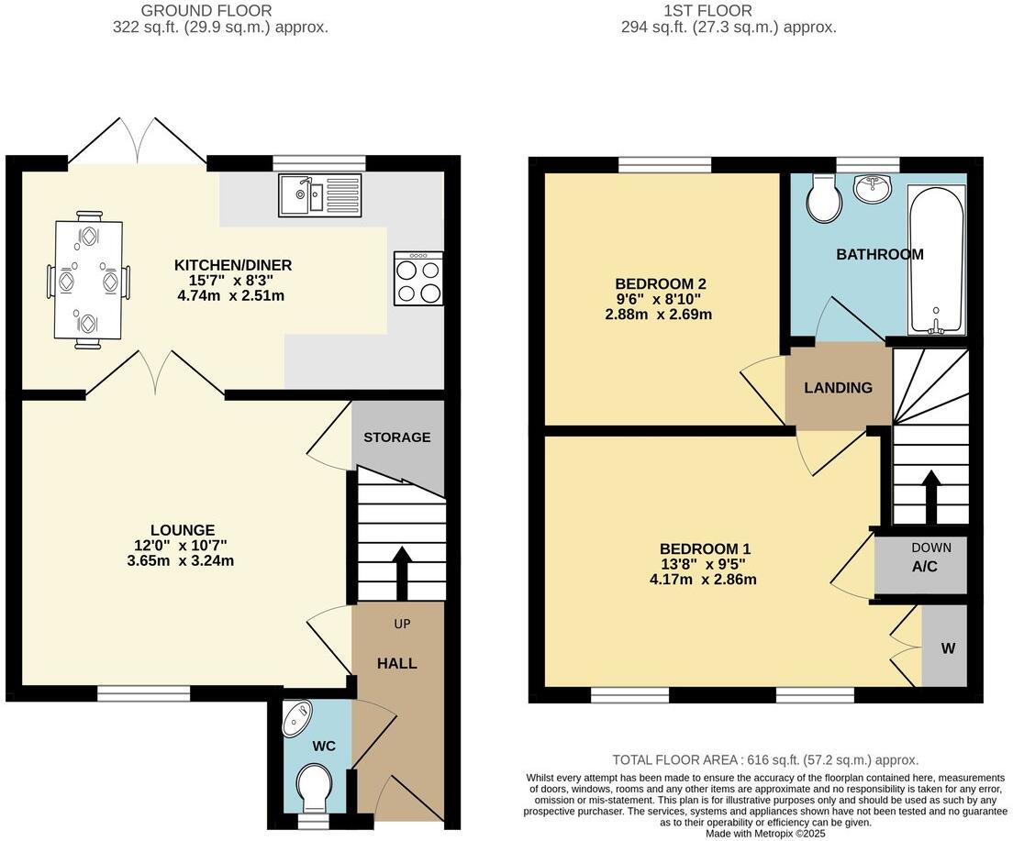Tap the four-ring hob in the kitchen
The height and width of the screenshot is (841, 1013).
[x=417, y=278]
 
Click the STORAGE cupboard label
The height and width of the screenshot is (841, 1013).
[x=396, y=437]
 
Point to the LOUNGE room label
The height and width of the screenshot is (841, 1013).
[x=183, y=530]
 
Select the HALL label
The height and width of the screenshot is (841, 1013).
[x=397, y=663]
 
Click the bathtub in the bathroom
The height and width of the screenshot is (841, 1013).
[x=935, y=260]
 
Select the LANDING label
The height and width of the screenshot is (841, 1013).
[x=838, y=388]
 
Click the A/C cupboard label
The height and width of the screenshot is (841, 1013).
[x=925, y=567]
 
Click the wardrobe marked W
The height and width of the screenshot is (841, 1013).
[x=948, y=648]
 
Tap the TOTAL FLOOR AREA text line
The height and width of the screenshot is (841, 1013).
[x=765, y=760]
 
